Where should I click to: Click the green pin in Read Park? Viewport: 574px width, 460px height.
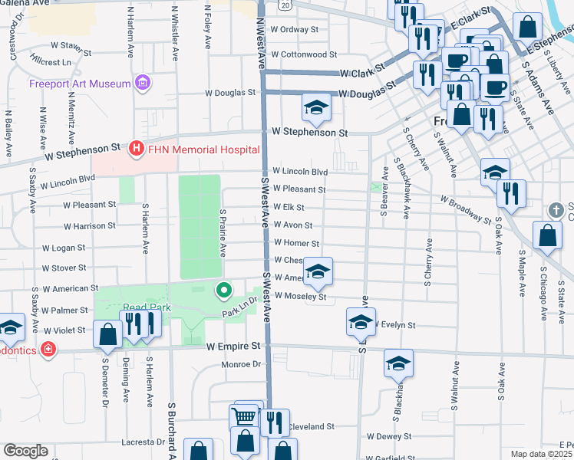(x=223, y=290)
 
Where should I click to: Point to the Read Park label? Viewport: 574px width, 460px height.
(x=146, y=308)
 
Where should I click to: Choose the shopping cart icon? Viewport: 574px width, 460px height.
(x=245, y=417)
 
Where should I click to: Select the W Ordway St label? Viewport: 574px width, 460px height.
(x=294, y=30)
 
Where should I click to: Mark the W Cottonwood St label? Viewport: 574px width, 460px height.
(x=302, y=54)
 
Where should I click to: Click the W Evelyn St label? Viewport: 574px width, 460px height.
(x=394, y=325)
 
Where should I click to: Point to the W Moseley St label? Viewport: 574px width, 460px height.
(x=300, y=297)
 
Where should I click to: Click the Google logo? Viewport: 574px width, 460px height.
(x=25, y=450)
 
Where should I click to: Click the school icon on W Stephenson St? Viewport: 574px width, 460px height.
(x=315, y=110)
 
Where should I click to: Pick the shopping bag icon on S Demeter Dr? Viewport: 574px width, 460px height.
(x=108, y=334)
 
